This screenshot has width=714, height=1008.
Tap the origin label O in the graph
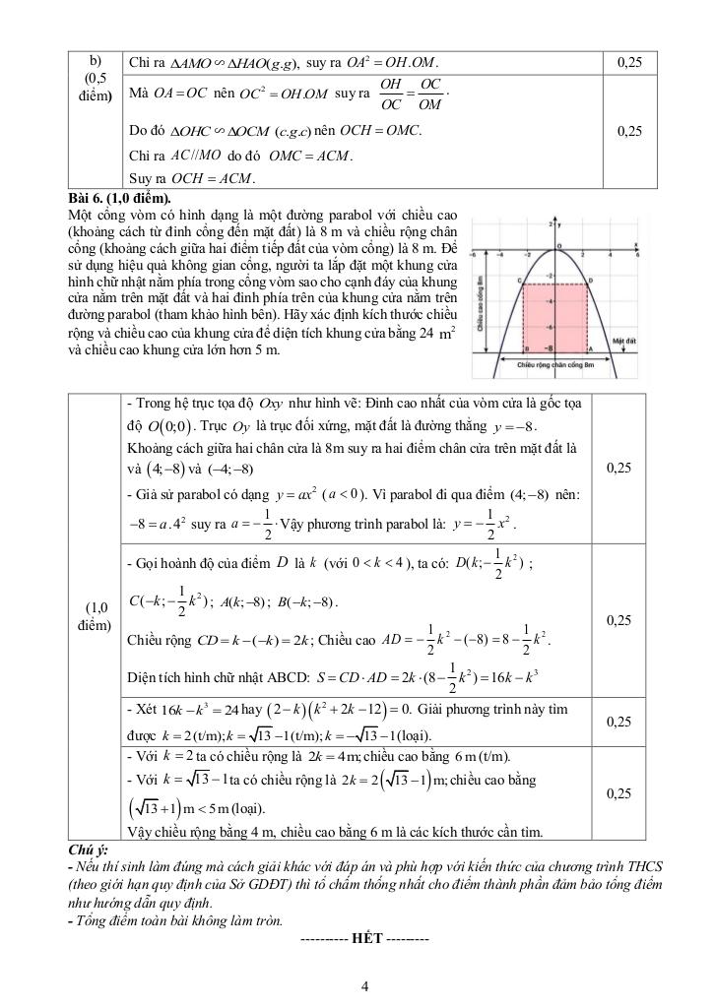[559, 247]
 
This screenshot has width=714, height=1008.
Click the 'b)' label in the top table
[95, 62]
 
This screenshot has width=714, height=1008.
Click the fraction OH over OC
[391, 94]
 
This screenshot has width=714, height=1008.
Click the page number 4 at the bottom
[364, 988]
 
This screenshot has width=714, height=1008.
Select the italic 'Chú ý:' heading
[88, 849]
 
